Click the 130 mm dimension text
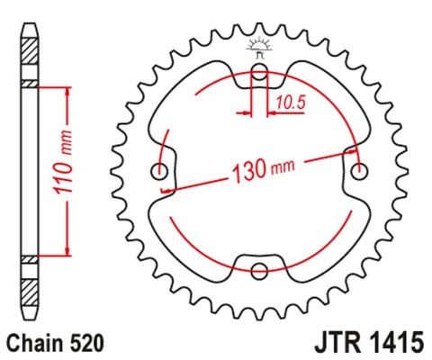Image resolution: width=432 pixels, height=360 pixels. [265, 168]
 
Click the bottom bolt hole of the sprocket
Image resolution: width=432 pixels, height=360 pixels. [261, 270]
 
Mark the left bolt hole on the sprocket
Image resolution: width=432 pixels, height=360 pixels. [162, 172]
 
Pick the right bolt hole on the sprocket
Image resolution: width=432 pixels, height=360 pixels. [361, 172]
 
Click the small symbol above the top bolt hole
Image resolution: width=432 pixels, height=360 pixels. [261, 49]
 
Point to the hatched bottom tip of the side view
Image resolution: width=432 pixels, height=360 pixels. [31, 292]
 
